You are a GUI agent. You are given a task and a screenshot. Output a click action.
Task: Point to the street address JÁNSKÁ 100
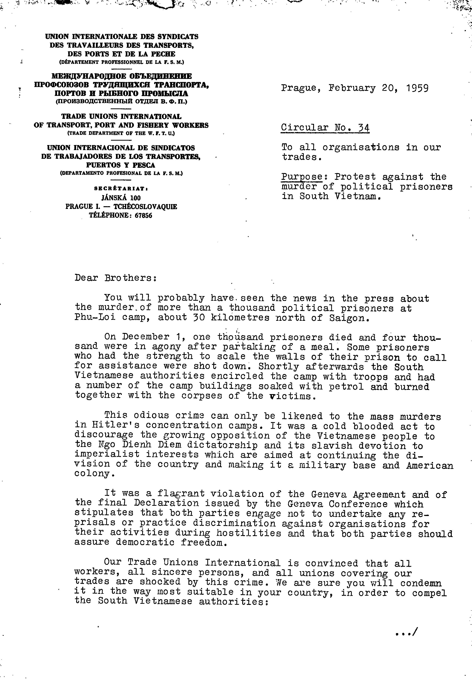point(121,198)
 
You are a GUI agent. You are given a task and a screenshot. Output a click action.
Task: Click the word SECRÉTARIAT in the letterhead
point(121,188)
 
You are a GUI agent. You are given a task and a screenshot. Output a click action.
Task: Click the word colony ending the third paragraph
point(92,473)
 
